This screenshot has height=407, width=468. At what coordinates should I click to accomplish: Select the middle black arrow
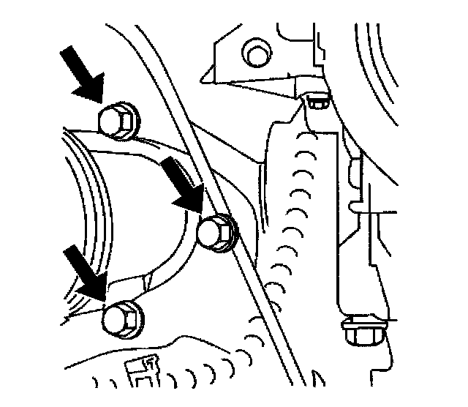pyautogui.click(x=183, y=183)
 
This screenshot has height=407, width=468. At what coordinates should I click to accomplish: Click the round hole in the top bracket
pyautogui.click(x=255, y=54)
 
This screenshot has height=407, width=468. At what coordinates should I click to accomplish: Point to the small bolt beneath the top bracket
pyautogui.click(x=317, y=102)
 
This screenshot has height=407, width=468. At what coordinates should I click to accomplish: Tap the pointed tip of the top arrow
pyautogui.click(x=101, y=99)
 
